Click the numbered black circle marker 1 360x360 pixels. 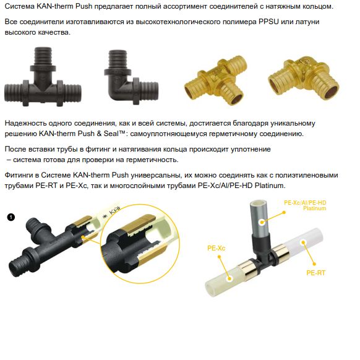tap(11, 217)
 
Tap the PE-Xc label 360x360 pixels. tap(216, 248)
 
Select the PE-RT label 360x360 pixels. tap(316, 273)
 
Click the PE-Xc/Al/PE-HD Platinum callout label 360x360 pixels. tap(305, 205)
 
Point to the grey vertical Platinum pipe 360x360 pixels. tap(260, 220)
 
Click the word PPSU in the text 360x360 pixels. tap(268, 22)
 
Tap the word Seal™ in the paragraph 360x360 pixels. tap(114, 134)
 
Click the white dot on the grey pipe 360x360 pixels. tap(262, 222)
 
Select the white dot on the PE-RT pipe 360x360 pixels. tap(304, 242)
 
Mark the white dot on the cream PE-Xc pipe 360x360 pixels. tap(229, 279)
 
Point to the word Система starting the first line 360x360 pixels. tap(20, 6)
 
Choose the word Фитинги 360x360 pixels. tap(19, 175)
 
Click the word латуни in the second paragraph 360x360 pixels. tap(307, 22)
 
